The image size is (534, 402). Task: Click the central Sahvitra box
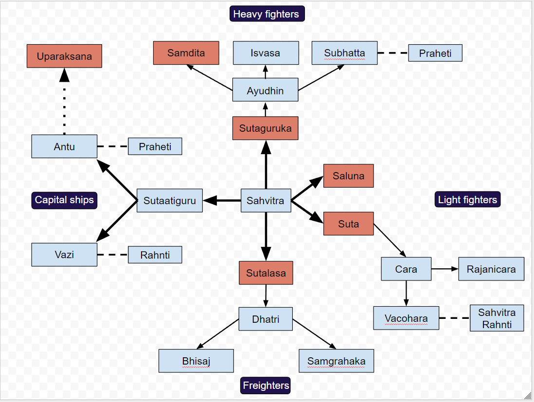(266, 200)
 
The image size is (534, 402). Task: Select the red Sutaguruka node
(265, 128)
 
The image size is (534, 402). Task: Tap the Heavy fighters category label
(267, 14)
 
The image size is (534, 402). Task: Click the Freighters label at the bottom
(266, 385)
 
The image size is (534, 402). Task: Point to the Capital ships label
(64, 200)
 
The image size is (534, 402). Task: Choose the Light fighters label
(467, 199)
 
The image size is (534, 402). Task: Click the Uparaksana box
(64, 56)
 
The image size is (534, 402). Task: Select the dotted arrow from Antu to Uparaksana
(64, 105)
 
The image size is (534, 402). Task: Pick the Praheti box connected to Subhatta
(435, 53)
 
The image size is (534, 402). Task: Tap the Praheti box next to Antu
(155, 146)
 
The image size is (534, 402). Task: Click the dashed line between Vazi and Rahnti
(112, 255)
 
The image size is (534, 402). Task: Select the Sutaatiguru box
(169, 200)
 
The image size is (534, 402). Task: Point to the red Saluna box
(348, 176)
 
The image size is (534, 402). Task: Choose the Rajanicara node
(491, 269)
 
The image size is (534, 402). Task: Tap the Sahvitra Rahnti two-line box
(497, 318)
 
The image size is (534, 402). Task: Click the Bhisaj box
(196, 361)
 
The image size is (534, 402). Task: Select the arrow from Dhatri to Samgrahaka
(314, 334)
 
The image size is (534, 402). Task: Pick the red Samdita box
(186, 53)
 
